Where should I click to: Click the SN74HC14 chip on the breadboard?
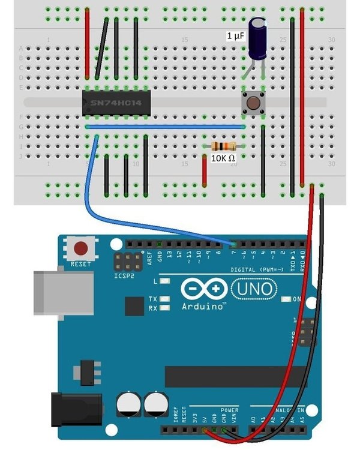pos(113,103)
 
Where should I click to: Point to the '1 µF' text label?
pos(235,36)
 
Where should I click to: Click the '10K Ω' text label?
pos(223,158)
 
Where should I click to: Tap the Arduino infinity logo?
pos(204,289)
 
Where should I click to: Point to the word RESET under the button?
pos(80,264)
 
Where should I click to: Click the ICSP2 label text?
pos(124,277)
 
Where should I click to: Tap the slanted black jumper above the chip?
pos(102,48)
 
